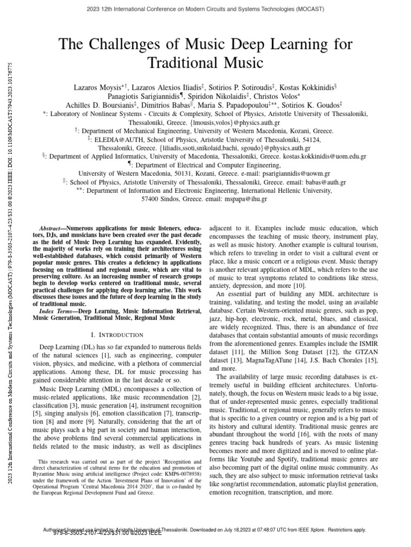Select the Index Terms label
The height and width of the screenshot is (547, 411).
pyautogui.click(x=57, y=310)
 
